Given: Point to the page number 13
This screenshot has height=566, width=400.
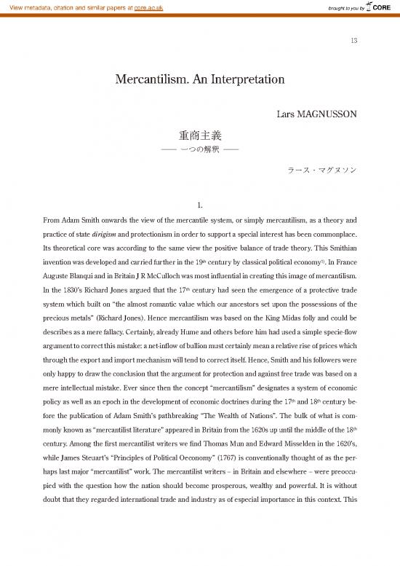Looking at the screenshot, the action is [x=353, y=40].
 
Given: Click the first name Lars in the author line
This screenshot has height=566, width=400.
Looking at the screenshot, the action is [x=286, y=113].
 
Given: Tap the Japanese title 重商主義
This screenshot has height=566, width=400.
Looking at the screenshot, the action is [x=199, y=135].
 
